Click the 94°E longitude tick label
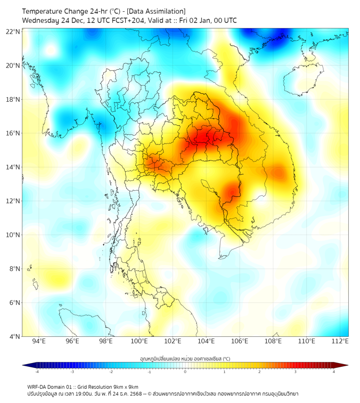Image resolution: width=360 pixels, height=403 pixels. pos(39,341)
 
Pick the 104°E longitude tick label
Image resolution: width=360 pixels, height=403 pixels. pos(207,341)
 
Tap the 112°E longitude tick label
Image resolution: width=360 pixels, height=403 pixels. pos(340,341)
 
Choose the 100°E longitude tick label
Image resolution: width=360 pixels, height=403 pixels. pos(140,341)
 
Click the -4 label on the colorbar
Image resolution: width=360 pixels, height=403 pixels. pos(36,372)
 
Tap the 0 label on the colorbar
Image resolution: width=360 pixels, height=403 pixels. pos(185,372)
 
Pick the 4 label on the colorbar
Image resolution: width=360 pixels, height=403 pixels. pos(334,372)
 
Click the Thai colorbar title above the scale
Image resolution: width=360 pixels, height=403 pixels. pos(185,359)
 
